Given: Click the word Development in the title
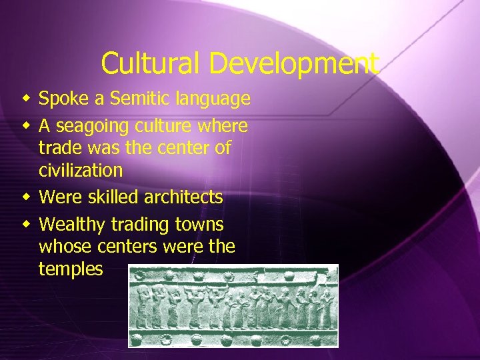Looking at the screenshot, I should coord(294,64).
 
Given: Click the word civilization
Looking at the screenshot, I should coord(81,171).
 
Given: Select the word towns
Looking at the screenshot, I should coord(200,225).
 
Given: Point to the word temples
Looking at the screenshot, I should coord(71,269).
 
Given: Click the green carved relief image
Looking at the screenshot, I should coord(233,305).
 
